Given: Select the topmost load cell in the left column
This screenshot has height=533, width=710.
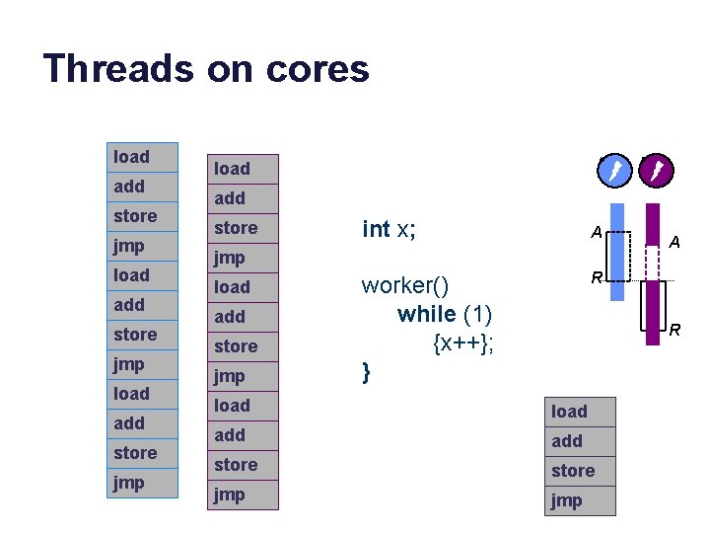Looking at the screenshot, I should tap(143, 157).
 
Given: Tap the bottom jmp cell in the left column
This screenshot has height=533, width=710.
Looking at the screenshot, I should tap(143, 483).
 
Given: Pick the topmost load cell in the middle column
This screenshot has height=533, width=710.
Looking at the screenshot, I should tap(245, 169).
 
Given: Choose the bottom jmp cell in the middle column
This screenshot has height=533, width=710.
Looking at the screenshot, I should tap(245, 495).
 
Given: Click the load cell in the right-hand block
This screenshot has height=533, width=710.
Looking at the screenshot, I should tap(580, 412).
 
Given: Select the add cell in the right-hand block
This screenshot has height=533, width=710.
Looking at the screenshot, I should tap(580, 441).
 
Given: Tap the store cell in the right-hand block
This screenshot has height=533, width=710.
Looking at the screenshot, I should tap(580, 471).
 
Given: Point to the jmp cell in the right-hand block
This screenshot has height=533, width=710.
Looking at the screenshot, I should tap(580, 500).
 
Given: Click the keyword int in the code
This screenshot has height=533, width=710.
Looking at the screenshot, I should tap(376, 229).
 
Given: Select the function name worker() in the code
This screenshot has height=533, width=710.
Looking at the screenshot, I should tap(405, 286).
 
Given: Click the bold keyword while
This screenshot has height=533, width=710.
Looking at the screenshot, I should tap(427, 315).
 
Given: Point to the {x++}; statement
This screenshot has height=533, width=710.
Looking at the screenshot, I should tap(462, 343).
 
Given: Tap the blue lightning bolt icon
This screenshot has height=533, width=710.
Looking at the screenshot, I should tap(613, 173).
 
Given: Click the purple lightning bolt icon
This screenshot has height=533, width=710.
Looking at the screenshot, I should tap(655, 173).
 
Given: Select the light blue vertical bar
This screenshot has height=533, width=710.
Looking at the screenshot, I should tap(616, 252).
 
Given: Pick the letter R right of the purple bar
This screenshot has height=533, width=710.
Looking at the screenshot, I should tap(675, 330).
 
